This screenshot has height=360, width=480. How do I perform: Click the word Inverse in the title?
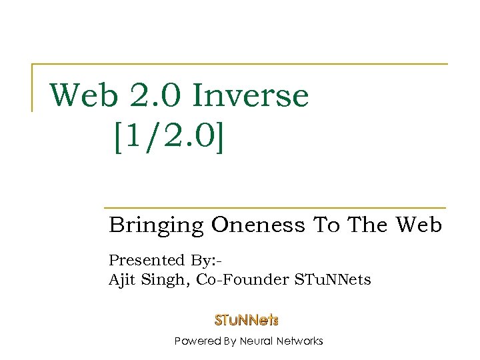point(251,95)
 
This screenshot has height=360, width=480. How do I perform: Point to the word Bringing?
point(157,226)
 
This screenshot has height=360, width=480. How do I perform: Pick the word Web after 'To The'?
point(418,225)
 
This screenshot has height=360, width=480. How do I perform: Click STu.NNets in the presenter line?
point(332,280)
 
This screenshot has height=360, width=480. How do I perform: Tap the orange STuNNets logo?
point(246,320)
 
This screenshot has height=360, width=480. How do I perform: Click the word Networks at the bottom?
point(299,341)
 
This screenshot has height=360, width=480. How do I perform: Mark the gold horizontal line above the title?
point(240,65)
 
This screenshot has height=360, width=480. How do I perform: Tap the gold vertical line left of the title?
point(33,87)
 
